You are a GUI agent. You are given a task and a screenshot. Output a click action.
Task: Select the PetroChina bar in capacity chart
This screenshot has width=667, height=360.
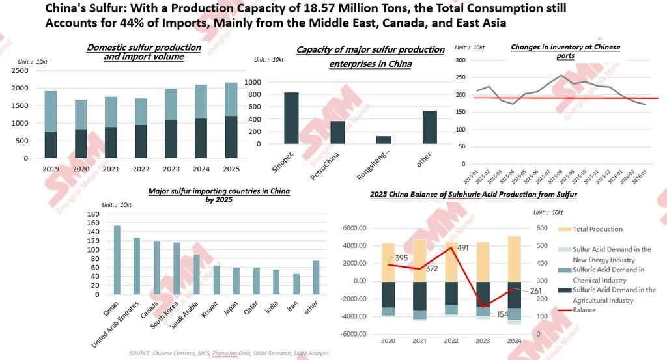coord(337,132)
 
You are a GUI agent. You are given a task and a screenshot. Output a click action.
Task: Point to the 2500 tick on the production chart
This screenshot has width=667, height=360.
coord(20,70)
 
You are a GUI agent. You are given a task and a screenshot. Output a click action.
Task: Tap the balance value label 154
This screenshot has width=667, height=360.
coord(497,315)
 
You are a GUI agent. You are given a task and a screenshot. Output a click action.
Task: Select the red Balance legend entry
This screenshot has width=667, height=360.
coord(582,310)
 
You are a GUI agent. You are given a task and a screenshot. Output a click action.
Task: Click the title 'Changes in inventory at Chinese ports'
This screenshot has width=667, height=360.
coord(565,51)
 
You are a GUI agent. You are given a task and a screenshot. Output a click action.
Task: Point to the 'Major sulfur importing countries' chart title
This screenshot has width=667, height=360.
coord(218,196)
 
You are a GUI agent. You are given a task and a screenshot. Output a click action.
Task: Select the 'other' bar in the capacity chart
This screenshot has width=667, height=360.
coord(429,128)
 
